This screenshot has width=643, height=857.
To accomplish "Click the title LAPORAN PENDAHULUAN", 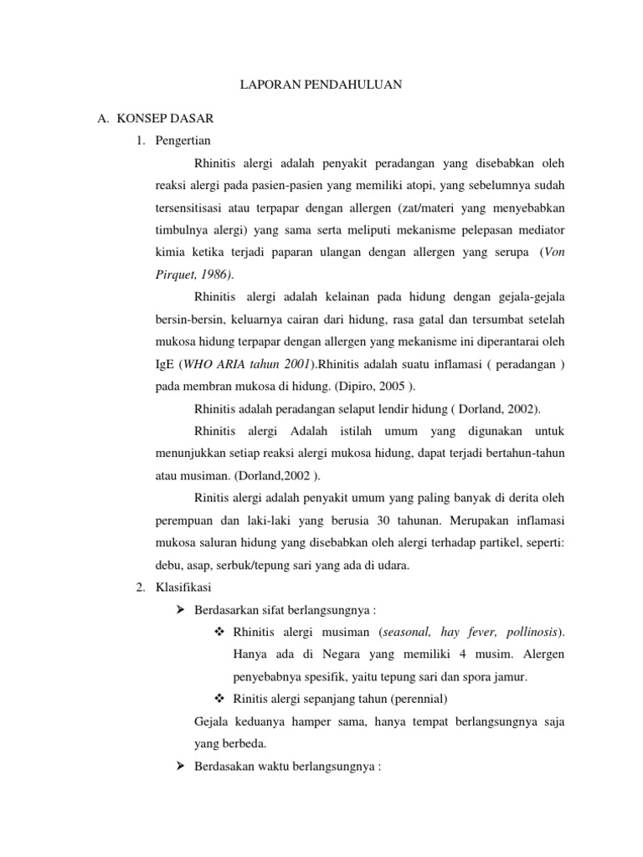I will coord(321,84).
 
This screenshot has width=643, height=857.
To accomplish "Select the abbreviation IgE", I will coord(166,363).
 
